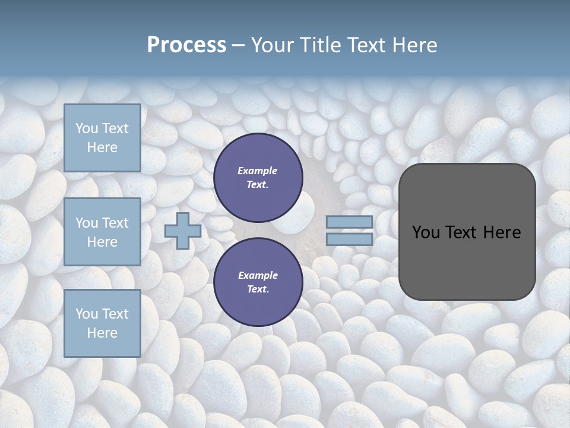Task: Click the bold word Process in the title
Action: point(186,45)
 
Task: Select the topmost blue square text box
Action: point(102,138)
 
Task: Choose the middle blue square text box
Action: point(102,232)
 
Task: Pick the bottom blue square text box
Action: point(102,323)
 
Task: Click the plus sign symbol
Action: point(183,231)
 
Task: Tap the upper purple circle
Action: point(258,177)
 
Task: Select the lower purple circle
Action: point(258,282)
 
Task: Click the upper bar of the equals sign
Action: point(349,222)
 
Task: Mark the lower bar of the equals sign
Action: point(349,239)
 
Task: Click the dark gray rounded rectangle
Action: point(467,232)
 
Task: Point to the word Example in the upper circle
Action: point(258,171)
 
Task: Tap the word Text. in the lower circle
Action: point(258,289)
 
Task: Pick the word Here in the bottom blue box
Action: point(102,333)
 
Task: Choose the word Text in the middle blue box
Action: point(115,223)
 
